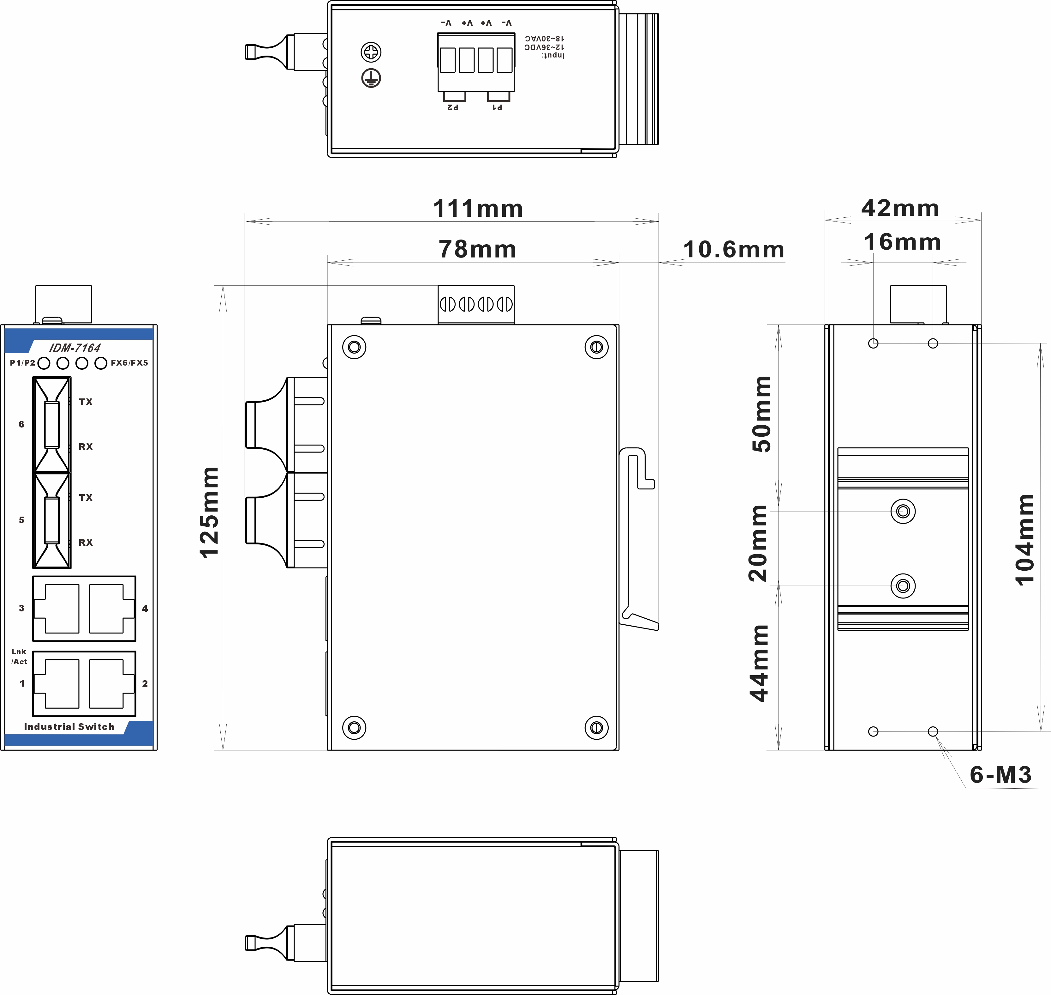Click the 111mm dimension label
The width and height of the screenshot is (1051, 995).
coord(478,209)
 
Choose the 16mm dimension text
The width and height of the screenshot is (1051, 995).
coord(903,242)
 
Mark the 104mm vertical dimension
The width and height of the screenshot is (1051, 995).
coord(1024,539)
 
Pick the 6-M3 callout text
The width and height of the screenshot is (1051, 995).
coord(1001,775)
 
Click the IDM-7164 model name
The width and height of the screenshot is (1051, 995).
coord(75,348)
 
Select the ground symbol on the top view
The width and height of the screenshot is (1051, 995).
coord(371,78)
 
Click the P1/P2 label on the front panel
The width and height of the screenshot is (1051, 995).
coord(22,363)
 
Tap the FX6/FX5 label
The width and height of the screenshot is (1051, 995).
coord(129,363)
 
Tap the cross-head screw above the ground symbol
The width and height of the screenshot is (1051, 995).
coord(371,52)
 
